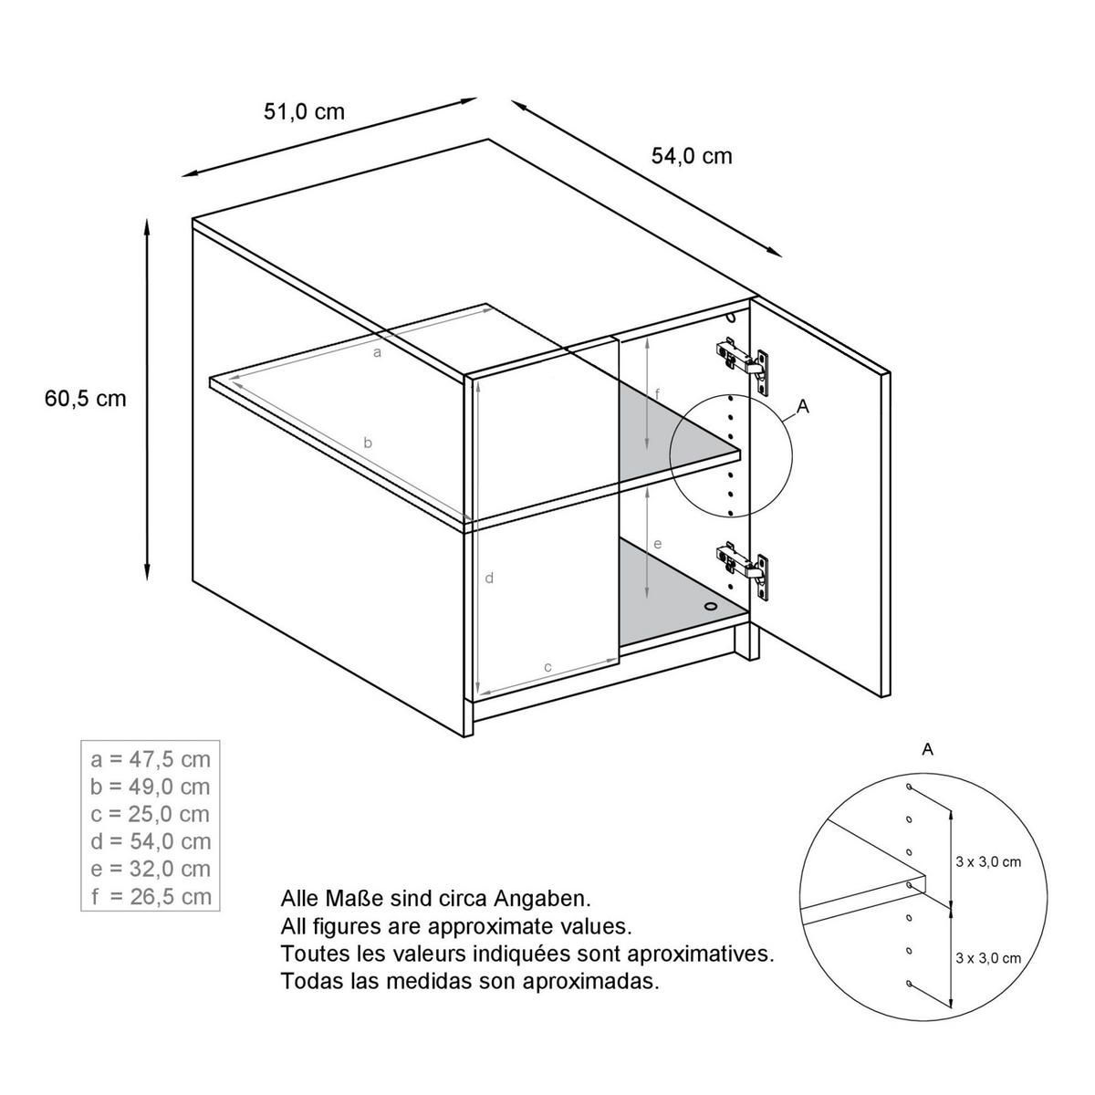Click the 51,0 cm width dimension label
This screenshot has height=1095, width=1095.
tap(304, 111)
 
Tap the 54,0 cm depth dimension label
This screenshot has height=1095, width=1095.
tap(692, 156)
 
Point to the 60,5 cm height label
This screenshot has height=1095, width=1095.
tap(85, 399)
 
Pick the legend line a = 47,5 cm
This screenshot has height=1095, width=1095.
tap(151, 759)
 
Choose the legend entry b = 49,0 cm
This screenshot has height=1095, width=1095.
tap(151, 787)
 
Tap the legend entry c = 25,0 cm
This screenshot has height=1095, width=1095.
tap(151, 814)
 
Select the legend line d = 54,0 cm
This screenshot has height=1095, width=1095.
tap(151, 841)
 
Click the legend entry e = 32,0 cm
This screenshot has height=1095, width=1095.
tap(151, 869)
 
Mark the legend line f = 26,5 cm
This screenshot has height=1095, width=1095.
tap(151, 896)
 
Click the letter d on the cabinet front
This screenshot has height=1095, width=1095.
tap(489, 578)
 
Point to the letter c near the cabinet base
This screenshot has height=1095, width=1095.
tap(547, 667)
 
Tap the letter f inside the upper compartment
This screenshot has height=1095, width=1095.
tap(657, 393)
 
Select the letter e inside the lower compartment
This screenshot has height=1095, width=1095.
tap(657, 544)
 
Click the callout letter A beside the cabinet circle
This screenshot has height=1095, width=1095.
tap(803, 408)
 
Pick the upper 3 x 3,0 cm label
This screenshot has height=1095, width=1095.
tap(988, 861)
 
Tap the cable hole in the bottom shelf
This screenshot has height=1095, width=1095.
tap(711, 605)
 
